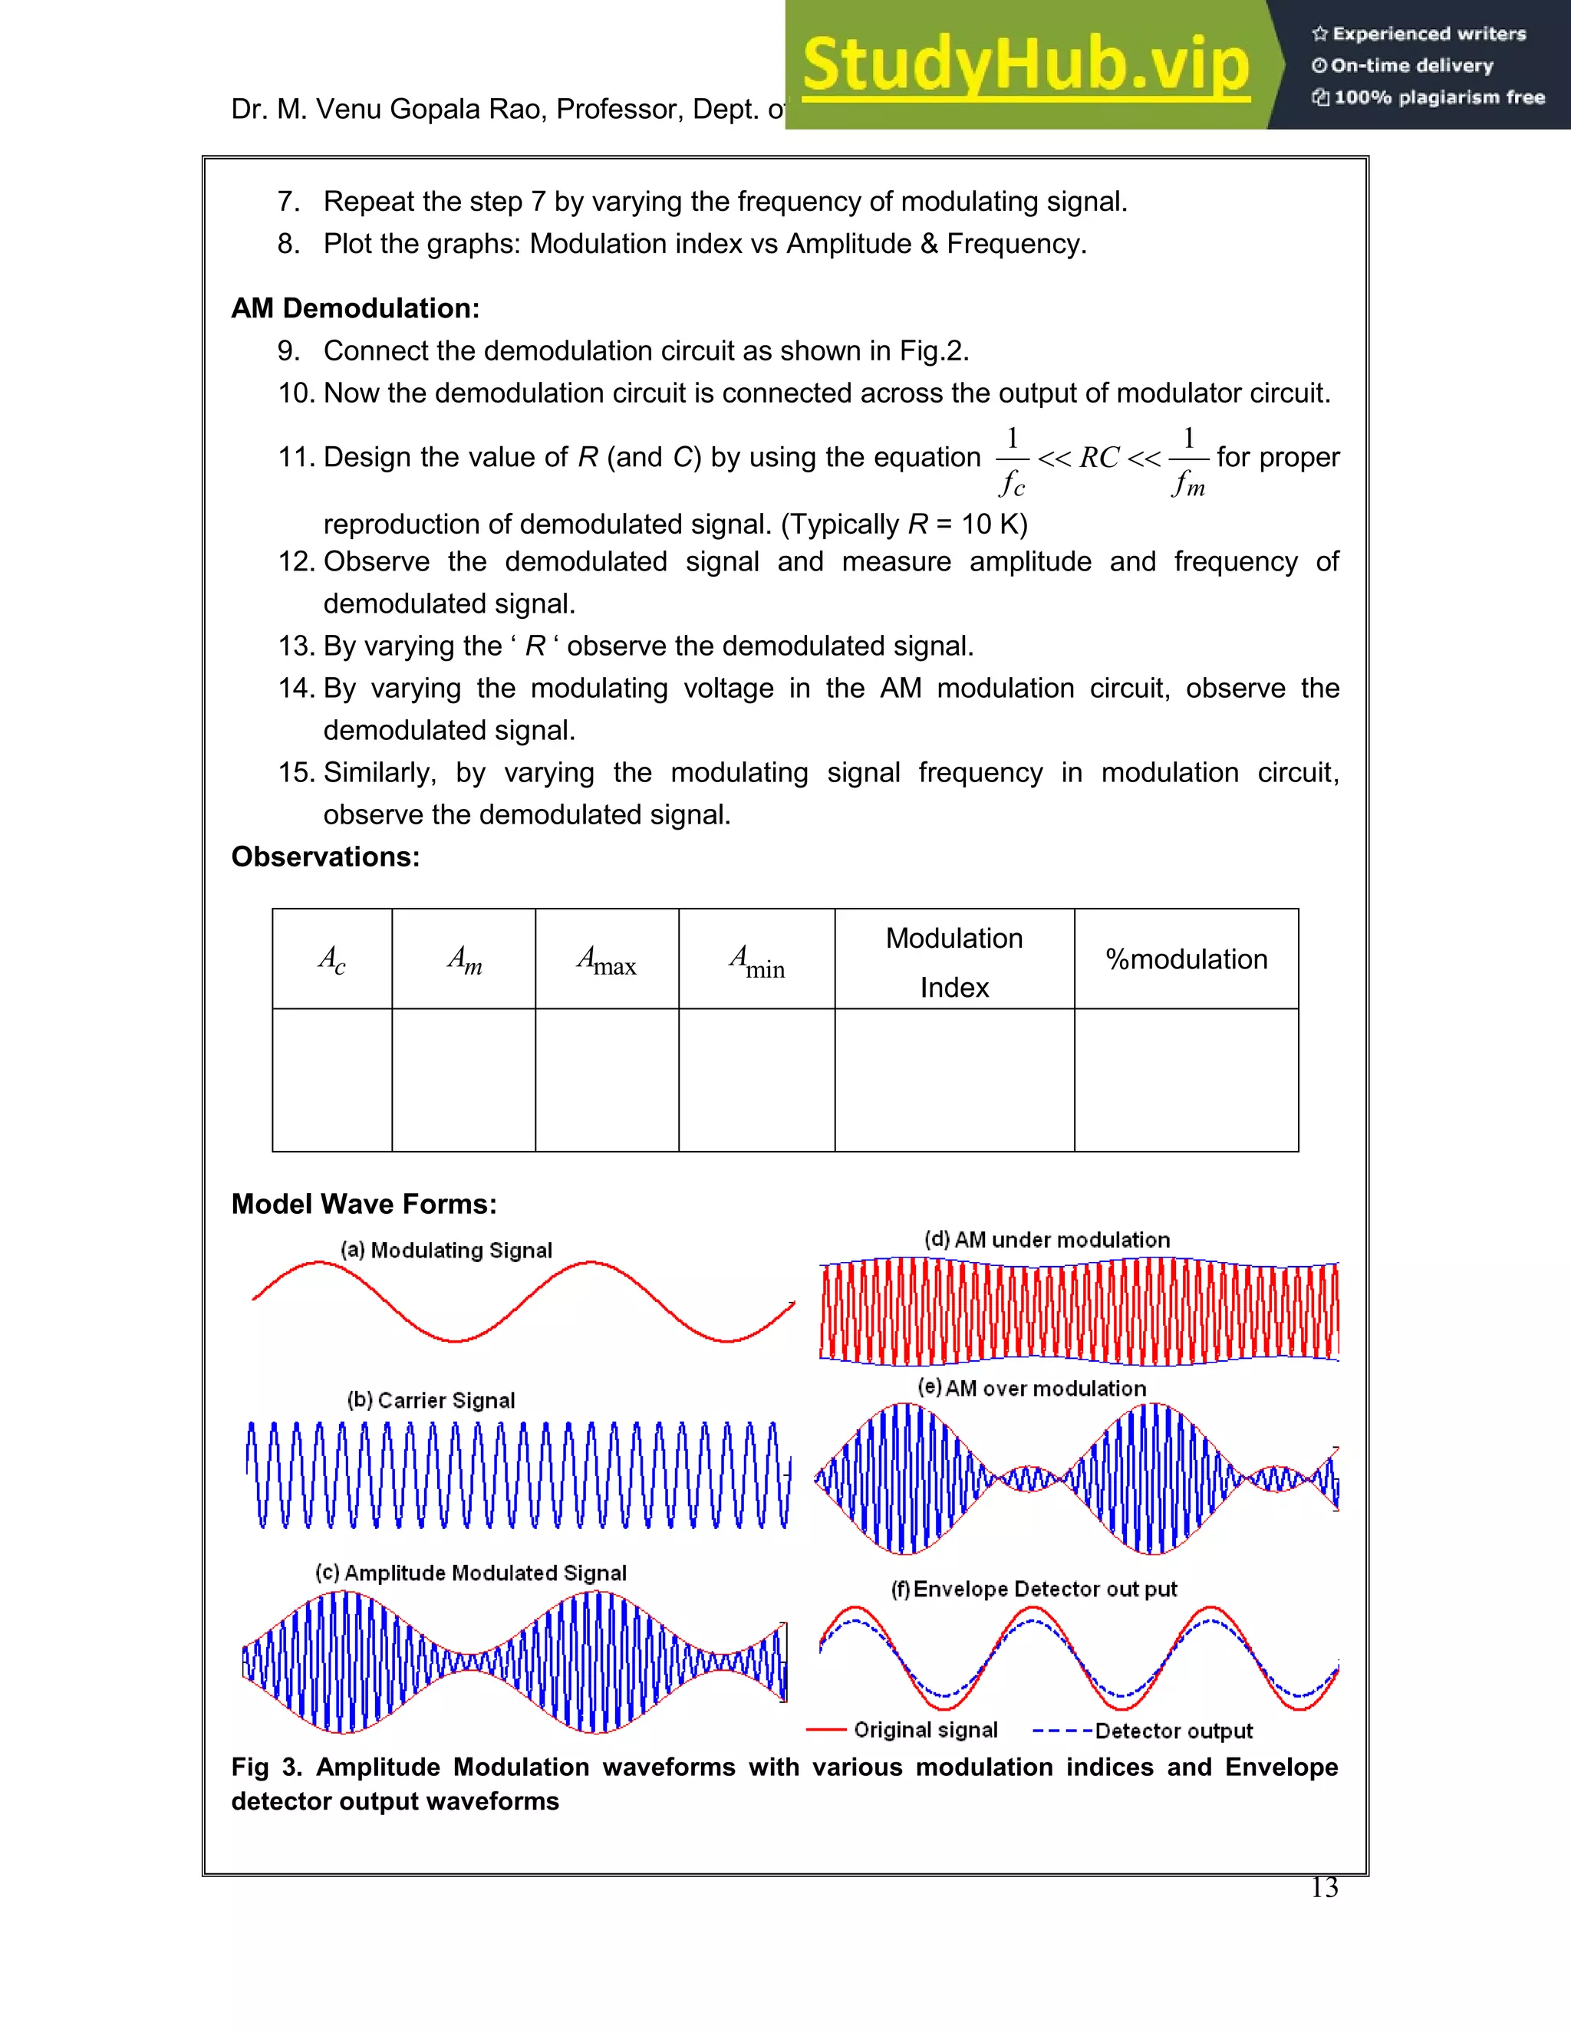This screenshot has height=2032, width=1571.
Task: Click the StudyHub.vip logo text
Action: pyautogui.click(x=1025, y=65)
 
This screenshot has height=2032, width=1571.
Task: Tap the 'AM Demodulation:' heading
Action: pyautogui.click(x=354, y=308)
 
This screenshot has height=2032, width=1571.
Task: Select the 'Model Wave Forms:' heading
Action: pyautogui.click(x=364, y=1204)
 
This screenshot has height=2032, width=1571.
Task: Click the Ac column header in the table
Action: pyautogui.click(x=331, y=959)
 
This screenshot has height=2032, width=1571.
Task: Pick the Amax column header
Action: pyautogui.click(x=606, y=959)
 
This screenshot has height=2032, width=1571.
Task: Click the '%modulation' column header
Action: pyautogui.click(x=1186, y=959)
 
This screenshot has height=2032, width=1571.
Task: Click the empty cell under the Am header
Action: pyautogui.click(x=463, y=1080)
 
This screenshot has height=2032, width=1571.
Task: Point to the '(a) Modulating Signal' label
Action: pyautogui.click(x=446, y=1250)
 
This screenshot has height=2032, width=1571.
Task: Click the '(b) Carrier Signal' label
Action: pyautogui.click(x=430, y=1400)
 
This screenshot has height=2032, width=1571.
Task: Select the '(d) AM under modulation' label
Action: pyautogui.click(x=1047, y=1239)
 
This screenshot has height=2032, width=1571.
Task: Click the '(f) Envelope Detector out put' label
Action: pyautogui.click(x=1034, y=1589)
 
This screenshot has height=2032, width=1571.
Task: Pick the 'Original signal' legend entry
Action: pyautogui.click(x=925, y=1730)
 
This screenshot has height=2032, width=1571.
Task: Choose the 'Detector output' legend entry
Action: pyautogui.click(x=1173, y=1731)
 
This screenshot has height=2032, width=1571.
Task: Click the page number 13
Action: pyautogui.click(x=1323, y=1888)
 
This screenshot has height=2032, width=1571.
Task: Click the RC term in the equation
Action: pyautogui.click(x=1099, y=458)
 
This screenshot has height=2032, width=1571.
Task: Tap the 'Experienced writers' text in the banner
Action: pyautogui.click(x=1428, y=35)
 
